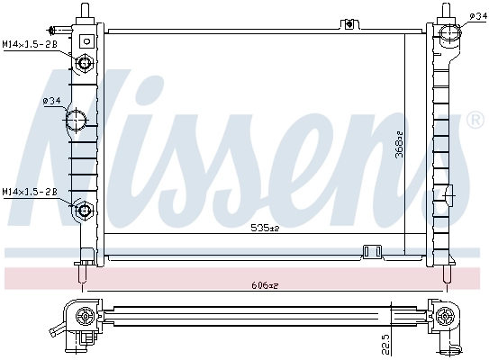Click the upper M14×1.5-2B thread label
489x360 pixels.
click(x=29, y=43)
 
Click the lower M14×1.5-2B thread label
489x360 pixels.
click(x=29, y=192)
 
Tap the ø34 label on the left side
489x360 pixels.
click(x=51, y=101)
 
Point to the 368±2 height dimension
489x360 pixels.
click(x=399, y=144)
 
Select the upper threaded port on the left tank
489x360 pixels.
click(x=85, y=63)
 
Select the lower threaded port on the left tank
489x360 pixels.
click(x=85, y=211)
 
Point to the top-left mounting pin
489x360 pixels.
click(x=85, y=11)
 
